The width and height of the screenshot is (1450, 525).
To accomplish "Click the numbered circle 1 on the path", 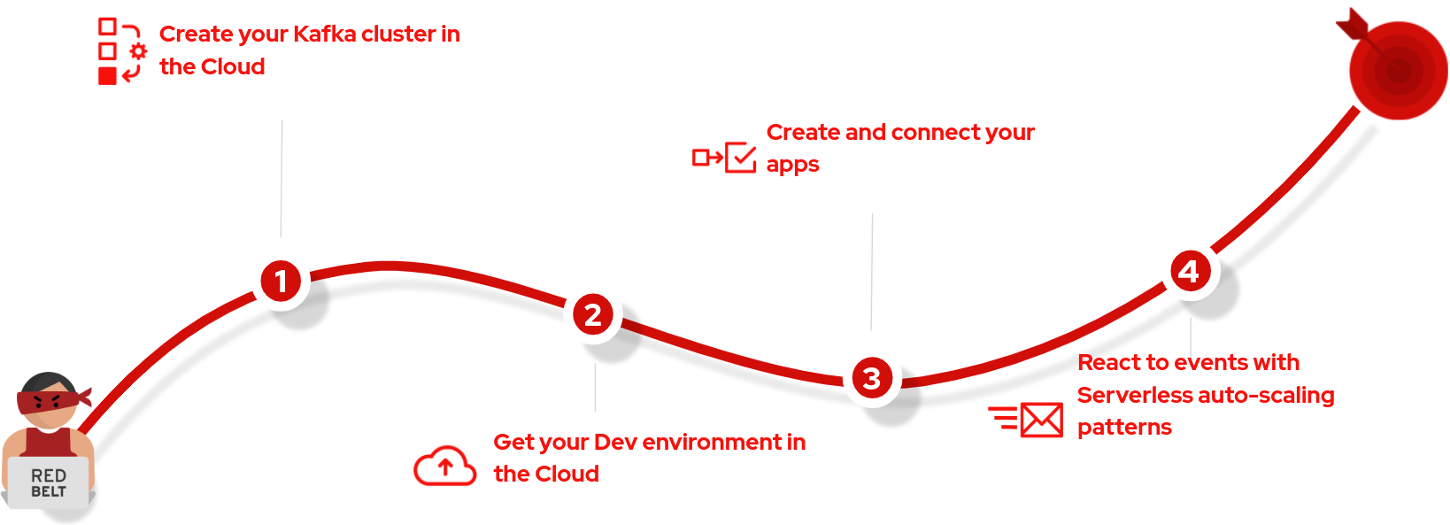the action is point(281,281).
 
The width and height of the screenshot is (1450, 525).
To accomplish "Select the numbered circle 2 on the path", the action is point(593,315).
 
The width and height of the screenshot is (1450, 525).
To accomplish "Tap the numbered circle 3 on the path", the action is point(872,378).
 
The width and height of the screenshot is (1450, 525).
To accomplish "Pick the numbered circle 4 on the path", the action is point(1190,271).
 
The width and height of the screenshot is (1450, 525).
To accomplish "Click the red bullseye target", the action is point(1399,70).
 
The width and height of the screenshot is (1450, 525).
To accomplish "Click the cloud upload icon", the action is point(444,466).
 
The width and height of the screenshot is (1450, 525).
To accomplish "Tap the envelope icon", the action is point(1042,421).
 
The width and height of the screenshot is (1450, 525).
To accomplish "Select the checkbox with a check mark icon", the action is point(741,158).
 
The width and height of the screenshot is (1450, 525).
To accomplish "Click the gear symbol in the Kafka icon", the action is point(138,51).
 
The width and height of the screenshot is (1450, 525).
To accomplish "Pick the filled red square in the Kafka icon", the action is point(107,76).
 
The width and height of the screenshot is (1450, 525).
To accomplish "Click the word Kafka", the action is point(324,34).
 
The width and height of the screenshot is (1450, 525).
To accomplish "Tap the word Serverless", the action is point(1138,395).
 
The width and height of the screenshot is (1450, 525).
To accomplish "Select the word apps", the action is point(792,166).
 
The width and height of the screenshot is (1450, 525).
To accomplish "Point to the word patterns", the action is point(1124,428).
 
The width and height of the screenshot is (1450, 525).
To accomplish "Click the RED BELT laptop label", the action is point(49,483).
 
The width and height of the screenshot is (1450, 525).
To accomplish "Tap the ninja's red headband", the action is point(51,401).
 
